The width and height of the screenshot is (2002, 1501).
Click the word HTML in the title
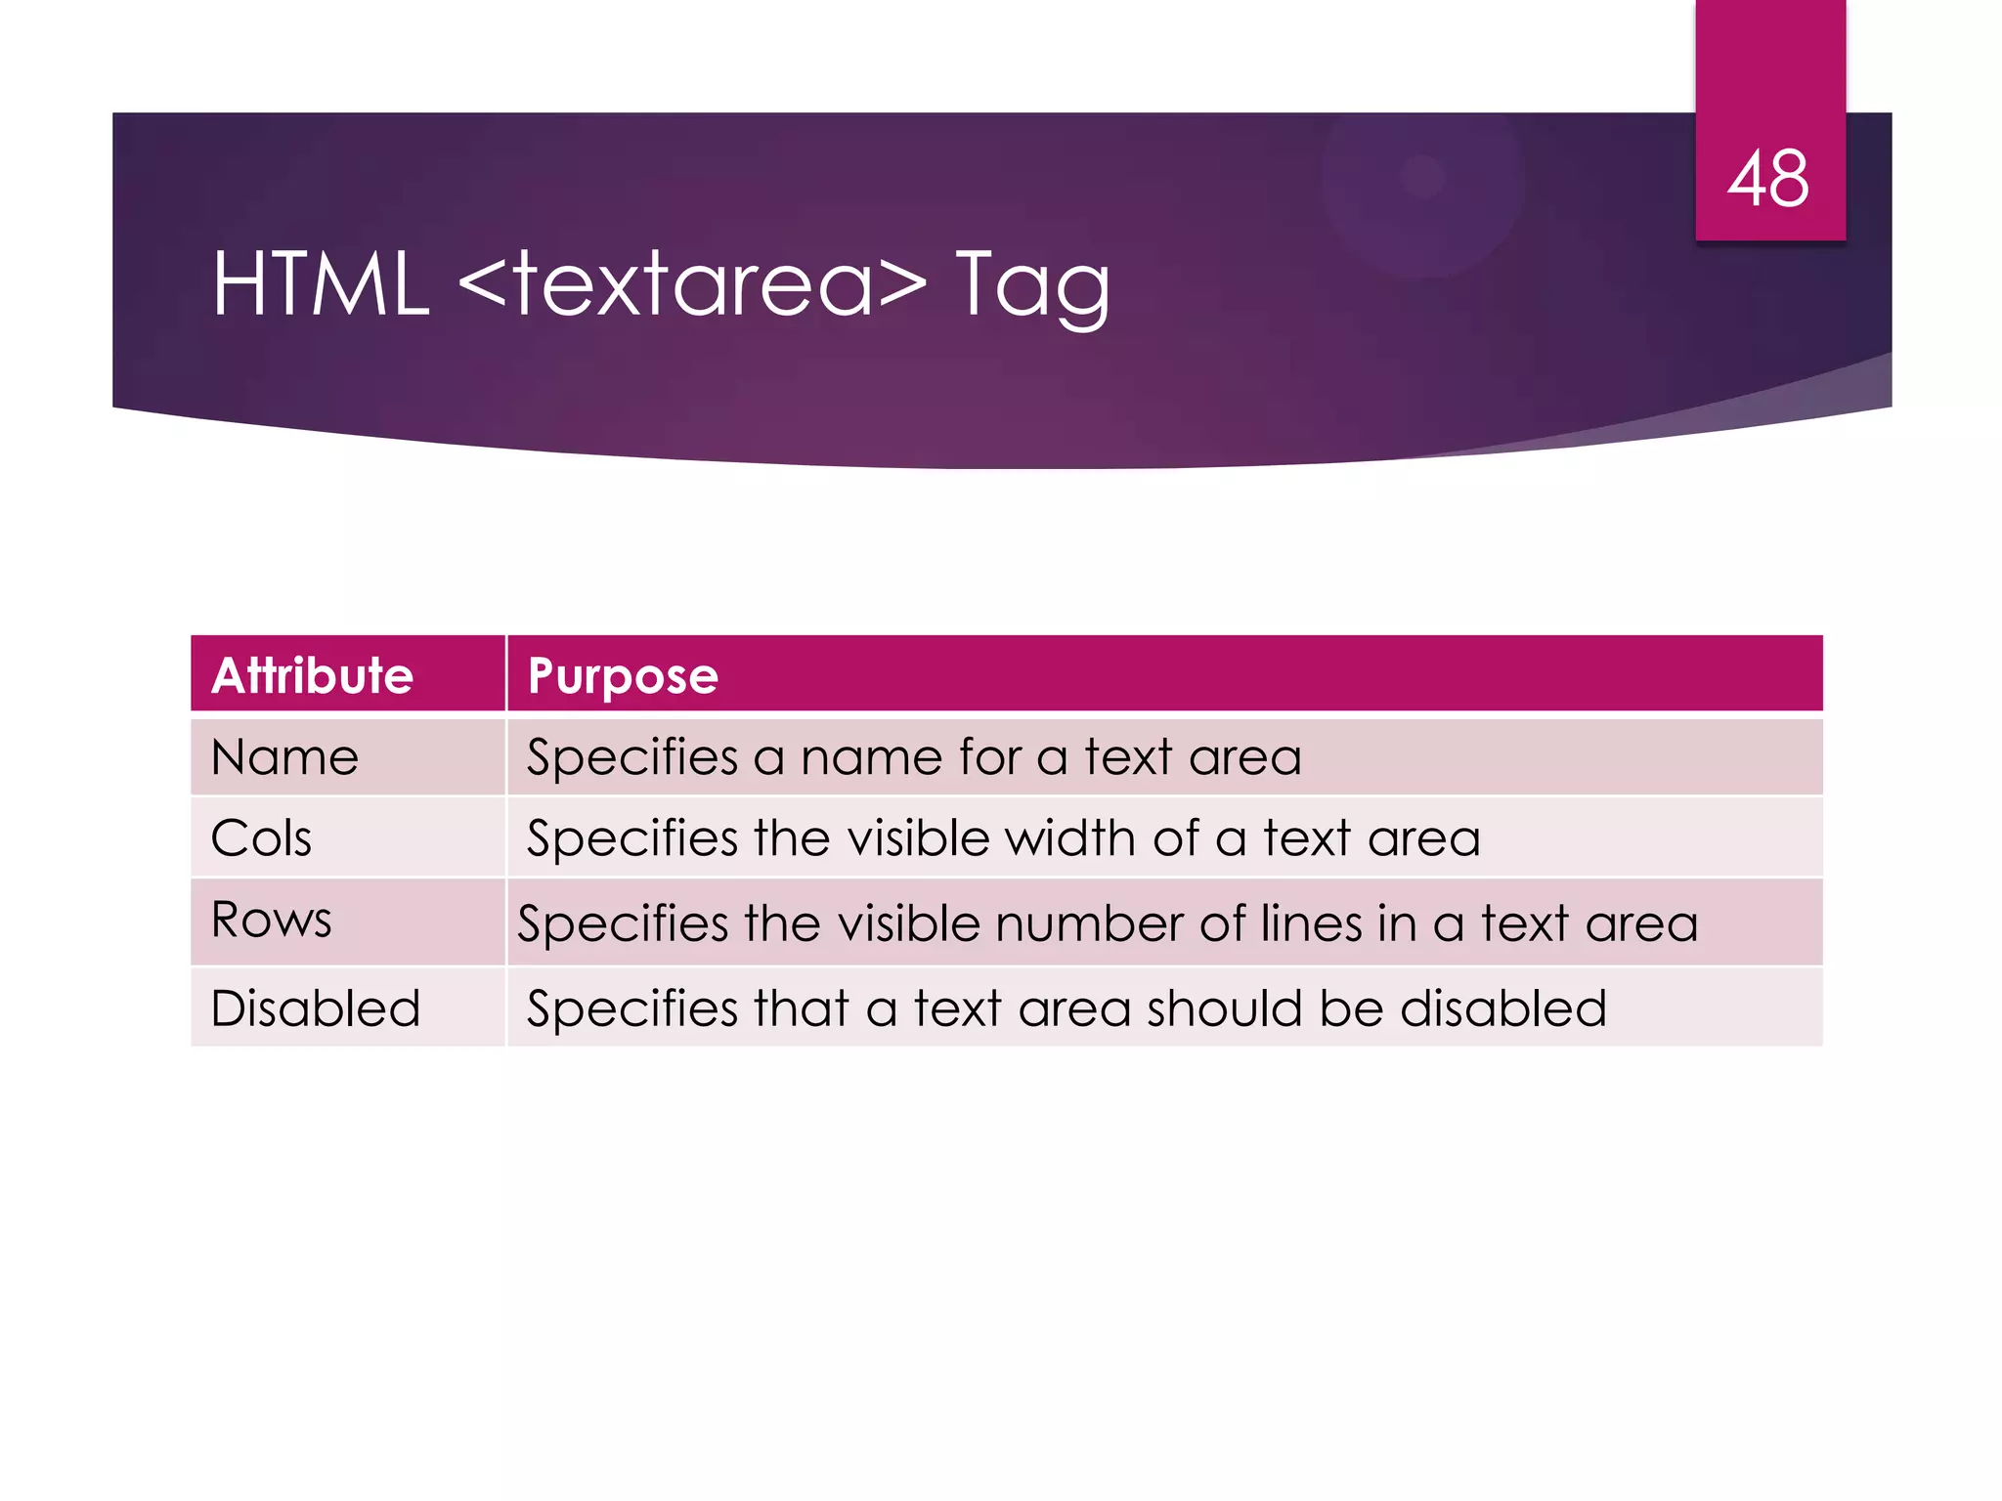[x=321, y=284]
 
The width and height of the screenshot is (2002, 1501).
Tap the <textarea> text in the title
[x=691, y=284]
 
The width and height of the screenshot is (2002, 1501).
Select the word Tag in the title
[x=1032, y=286]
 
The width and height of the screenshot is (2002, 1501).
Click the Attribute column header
[x=313, y=675]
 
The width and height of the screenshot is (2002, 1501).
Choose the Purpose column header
[x=623, y=676]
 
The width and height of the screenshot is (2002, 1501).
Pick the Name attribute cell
[x=284, y=757]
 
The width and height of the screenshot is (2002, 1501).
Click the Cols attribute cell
[x=261, y=838]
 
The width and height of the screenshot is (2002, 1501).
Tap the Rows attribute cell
[x=271, y=920]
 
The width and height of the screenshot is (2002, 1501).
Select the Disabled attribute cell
[x=315, y=1008]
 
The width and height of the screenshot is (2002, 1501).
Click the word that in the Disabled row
[x=801, y=1008]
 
